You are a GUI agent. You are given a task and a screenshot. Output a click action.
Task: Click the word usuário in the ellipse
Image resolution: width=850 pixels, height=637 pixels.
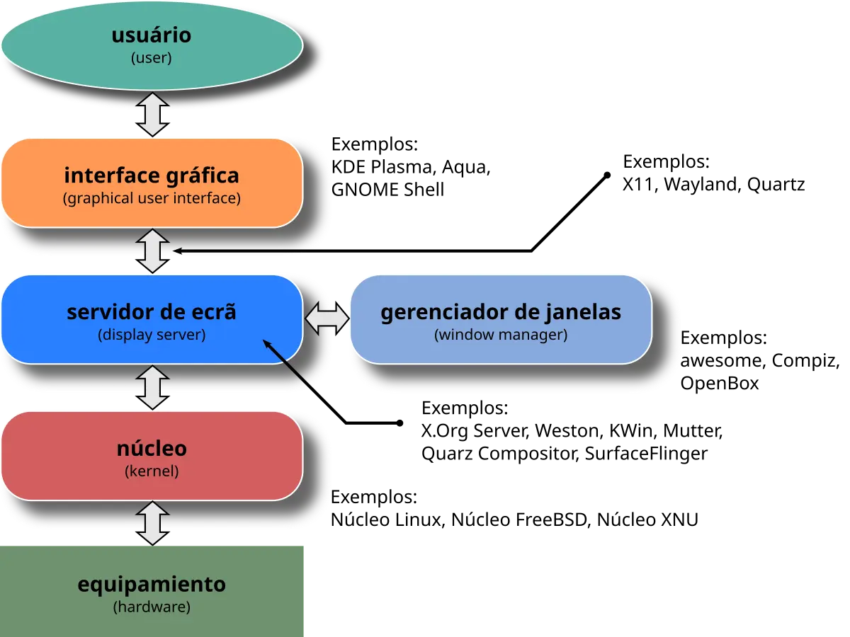(x=151, y=35)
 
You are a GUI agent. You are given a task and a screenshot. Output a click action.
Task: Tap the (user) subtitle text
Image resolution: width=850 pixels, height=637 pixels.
(x=151, y=58)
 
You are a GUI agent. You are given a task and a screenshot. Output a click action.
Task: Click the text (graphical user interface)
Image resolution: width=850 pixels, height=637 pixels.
(x=152, y=198)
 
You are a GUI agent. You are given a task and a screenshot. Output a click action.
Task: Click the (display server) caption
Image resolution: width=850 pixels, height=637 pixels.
(x=152, y=335)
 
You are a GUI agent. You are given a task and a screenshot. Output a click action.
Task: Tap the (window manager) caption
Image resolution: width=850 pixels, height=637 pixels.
(x=501, y=335)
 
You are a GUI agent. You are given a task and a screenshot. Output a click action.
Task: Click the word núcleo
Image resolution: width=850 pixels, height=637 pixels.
(x=152, y=449)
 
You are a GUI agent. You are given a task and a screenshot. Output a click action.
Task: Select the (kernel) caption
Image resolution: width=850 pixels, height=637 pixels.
(x=152, y=471)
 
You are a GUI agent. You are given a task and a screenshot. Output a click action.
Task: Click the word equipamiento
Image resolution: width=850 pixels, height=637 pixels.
(x=152, y=585)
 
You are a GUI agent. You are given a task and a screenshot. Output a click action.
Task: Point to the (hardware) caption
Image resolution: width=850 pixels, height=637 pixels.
(x=152, y=607)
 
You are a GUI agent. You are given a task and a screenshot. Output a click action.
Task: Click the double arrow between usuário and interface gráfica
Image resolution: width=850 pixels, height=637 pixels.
(x=152, y=114)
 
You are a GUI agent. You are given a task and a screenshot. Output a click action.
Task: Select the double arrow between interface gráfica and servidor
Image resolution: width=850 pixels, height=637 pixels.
(x=152, y=251)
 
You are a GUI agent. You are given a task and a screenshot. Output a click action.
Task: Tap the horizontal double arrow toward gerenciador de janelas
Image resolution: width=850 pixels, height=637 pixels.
(x=327, y=320)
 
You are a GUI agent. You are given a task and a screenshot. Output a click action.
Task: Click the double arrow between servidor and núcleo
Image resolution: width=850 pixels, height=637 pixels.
(x=152, y=387)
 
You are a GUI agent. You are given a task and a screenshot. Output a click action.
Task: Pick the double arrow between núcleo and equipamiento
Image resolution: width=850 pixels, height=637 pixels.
(x=152, y=523)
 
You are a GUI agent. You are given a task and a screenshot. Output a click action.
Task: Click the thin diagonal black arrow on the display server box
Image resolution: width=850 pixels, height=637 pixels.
(x=286, y=363)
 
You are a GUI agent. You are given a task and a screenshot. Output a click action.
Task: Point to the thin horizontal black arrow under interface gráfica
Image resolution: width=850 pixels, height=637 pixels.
(x=241, y=251)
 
